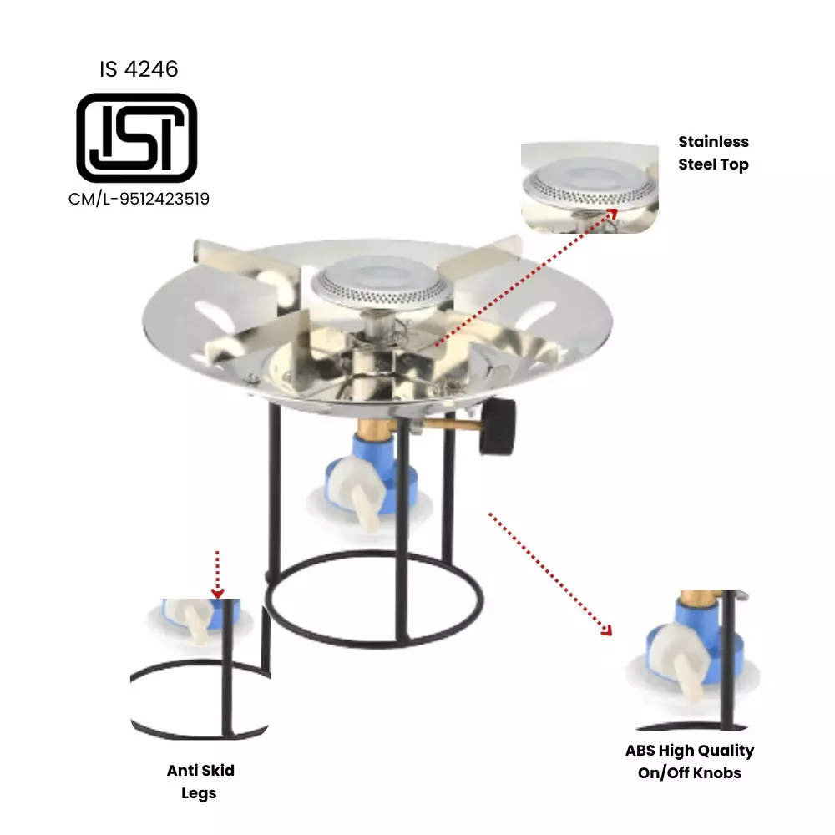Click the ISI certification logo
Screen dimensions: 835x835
pyautogui.click(x=137, y=138)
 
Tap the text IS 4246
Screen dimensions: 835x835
pyautogui.click(x=139, y=69)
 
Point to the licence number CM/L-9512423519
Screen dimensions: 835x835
pyautogui.click(x=139, y=199)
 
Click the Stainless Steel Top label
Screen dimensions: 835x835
pyautogui.click(x=713, y=153)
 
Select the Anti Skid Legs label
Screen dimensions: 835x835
pyautogui.click(x=200, y=782)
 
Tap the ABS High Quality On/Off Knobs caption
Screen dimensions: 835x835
pyautogui.click(x=690, y=762)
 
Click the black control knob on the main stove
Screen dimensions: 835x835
pyautogui.click(x=498, y=426)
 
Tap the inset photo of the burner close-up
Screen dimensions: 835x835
pyautogui.click(x=589, y=187)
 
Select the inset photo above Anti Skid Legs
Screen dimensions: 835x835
pyautogui.click(x=200, y=668)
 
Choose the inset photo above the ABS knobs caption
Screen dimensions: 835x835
pyautogui.click(x=693, y=660)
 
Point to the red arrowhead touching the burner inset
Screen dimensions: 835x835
pyautogui.click(x=612, y=213)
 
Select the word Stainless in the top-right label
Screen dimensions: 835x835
pyautogui.click(x=713, y=142)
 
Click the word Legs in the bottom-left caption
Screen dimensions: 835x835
pyautogui.click(x=199, y=793)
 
